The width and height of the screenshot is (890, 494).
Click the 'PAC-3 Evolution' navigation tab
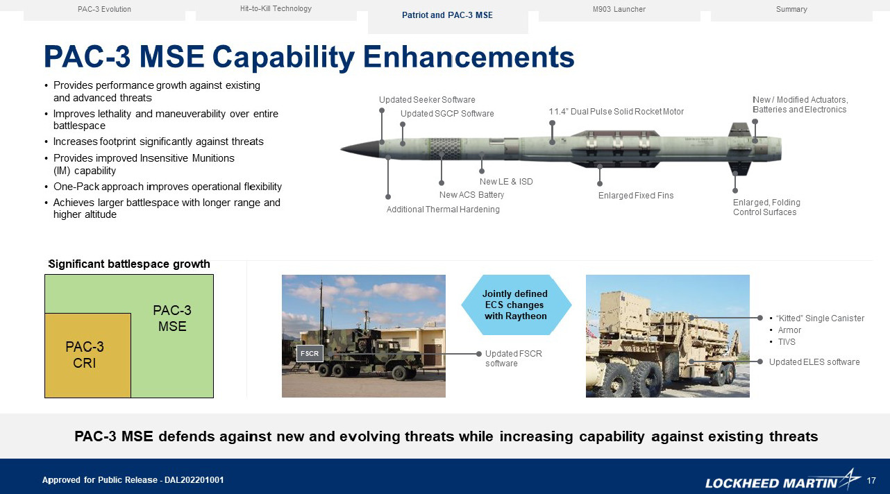(x=104, y=10)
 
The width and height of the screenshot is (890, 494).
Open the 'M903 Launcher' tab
(x=619, y=10)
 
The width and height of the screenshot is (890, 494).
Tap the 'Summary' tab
(x=791, y=10)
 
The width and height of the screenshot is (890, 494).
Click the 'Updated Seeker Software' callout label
(x=427, y=100)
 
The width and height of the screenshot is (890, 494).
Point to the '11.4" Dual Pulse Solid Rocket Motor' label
(x=616, y=112)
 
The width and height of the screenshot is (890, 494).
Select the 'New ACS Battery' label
(x=471, y=195)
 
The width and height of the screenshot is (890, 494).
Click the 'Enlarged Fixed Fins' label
(x=636, y=196)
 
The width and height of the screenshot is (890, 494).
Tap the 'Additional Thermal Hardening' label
(x=443, y=210)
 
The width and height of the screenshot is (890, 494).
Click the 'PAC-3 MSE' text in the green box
(x=172, y=318)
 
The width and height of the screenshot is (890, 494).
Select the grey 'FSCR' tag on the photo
(x=310, y=354)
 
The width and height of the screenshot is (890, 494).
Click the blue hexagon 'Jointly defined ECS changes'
(x=516, y=305)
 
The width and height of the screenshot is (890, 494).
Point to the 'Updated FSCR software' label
(x=513, y=359)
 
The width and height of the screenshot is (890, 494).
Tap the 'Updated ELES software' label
(x=814, y=362)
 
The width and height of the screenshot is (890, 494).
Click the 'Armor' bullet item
(x=789, y=330)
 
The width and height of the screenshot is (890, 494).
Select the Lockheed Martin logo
(x=782, y=482)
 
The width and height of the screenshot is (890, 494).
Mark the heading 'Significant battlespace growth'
(x=129, y=264)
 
